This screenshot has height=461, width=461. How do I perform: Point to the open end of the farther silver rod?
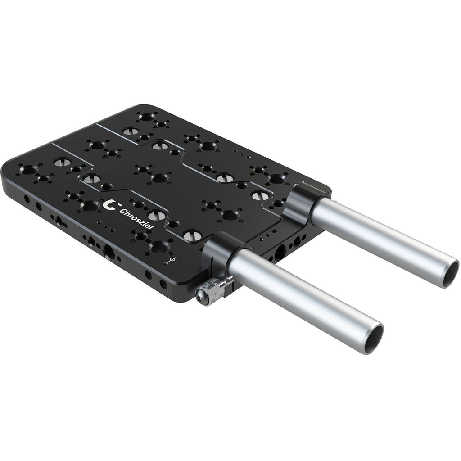[x=449, y=272]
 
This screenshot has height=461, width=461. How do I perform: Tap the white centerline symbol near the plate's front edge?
[x=173, y=260]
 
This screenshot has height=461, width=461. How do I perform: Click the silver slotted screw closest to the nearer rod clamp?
[x=190, y=235]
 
